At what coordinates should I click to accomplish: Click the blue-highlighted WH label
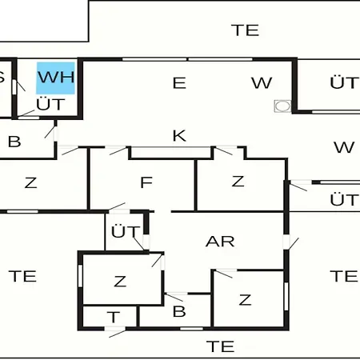tap(55, 78)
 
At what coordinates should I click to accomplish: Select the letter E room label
tap(179, 83)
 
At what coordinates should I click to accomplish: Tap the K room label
tap(179, 136)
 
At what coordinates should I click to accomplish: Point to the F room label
tap(146, 182)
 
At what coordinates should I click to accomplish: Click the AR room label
tap(220, 242)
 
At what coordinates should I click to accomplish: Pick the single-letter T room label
tap(114, 317)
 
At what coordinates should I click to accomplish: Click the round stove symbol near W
tap(282, 106)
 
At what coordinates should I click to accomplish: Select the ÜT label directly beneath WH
tap(50, 103)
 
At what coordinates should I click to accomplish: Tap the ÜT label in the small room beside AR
tap(125, 231)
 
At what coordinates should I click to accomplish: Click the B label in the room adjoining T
tap(179, 311)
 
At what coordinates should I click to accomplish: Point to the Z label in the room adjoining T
tap(120, 282)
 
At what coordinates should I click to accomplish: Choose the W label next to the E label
tap(262, 83)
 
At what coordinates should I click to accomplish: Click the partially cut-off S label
tap(2, 78)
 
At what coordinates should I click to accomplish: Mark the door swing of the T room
tap(118, 334)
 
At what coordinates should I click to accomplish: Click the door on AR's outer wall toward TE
tap(291, 243)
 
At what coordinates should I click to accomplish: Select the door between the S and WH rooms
tap(18, 86)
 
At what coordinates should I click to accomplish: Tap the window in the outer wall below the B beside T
tap(191, 329)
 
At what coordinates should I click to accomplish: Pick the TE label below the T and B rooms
tap(220, 346)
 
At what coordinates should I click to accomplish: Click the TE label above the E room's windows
tap(245, 30)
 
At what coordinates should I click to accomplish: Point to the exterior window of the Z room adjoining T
tap(80, 276)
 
